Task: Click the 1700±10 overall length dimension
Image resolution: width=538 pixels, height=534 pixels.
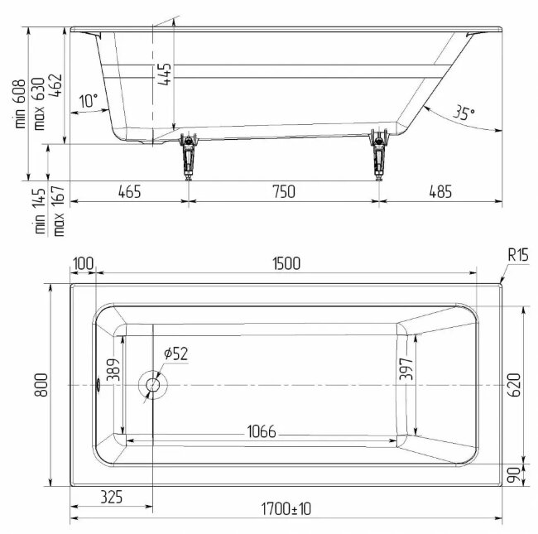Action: (x=286, y=508)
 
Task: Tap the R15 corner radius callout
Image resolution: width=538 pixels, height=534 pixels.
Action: (x=518, y=255)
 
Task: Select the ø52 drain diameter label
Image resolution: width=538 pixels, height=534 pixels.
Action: (x=176, y=354)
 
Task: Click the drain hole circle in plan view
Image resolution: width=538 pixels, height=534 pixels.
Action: (x=152, y=385)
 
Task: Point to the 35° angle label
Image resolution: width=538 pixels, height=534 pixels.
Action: (x=464, y=113)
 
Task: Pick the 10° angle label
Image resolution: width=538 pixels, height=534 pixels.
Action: (x=89, y=101)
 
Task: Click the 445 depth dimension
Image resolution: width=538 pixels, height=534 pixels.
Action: (x=165, y=74)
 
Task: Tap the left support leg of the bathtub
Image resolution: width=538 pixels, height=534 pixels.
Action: (x=189, y=156)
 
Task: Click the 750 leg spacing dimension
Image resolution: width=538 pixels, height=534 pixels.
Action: (x=284, y=191)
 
